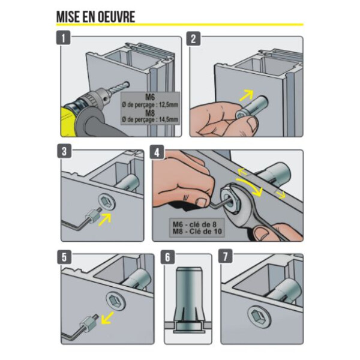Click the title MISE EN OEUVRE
click(95, 16)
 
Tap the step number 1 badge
click(65, 39)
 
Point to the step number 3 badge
click(65, 152)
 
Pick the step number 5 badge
click(65, 257)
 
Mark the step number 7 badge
click(226, 257)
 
